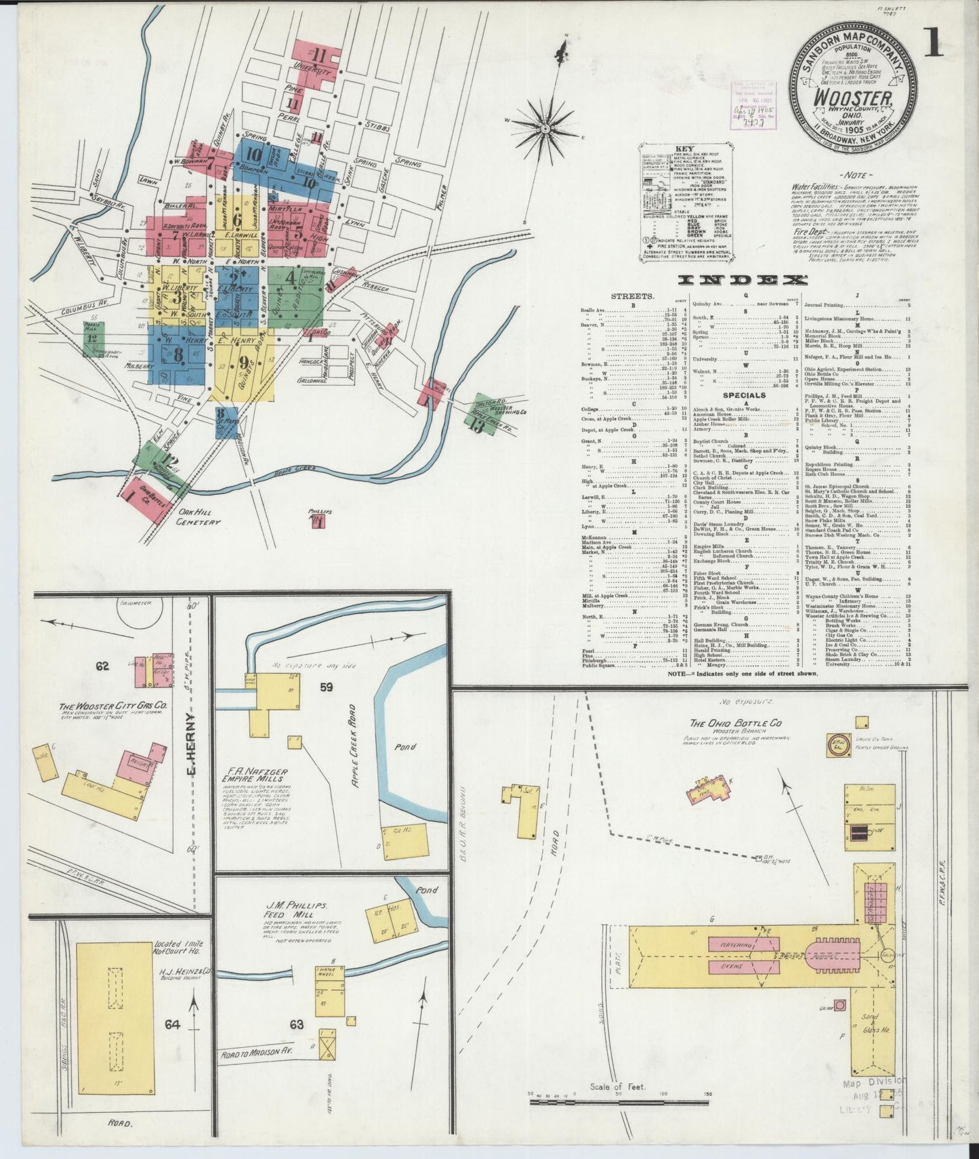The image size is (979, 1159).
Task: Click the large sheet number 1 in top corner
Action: point(933,43)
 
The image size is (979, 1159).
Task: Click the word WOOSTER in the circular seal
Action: point(853,99)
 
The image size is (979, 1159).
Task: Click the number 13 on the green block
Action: point(479,426)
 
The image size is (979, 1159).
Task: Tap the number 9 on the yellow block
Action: point(244,362)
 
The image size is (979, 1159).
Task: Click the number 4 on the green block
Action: point(291,277)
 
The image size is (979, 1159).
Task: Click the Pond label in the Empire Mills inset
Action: point(407,746)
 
